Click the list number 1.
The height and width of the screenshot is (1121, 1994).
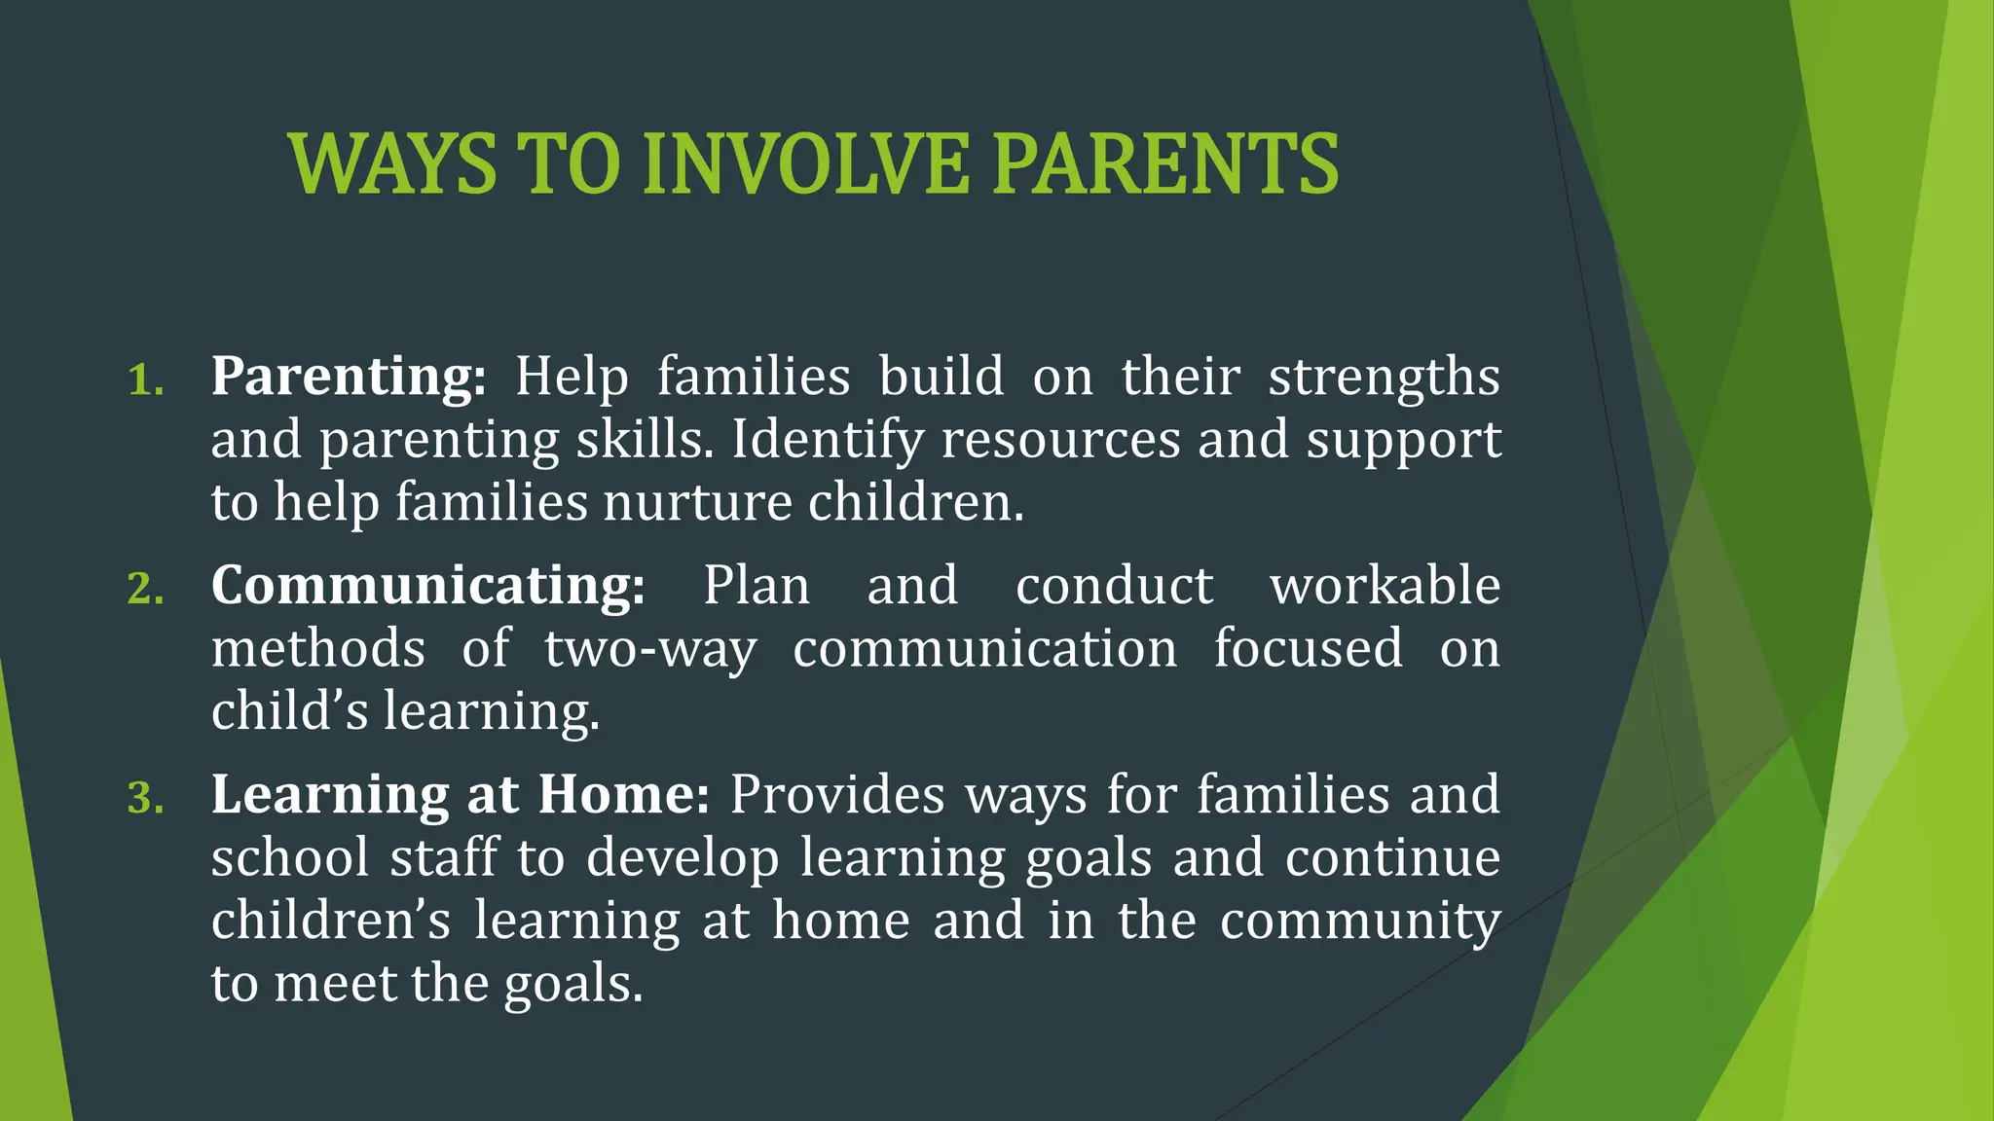tap(145, 380)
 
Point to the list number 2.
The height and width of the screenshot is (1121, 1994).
tap(145, 589)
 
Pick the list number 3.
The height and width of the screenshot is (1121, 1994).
tap(145, 798)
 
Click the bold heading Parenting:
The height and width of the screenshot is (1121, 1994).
tap(349, 378)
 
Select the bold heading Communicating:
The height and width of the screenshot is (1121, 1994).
tap(428, 587)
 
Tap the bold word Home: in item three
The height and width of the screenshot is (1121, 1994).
tap(623, 794)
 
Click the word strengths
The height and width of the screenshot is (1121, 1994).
tap(1384, 378)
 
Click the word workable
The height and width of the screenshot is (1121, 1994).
tap(1385, 586)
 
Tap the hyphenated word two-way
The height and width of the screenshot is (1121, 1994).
tap(649, 650)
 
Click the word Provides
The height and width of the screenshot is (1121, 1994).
tap(837, 796)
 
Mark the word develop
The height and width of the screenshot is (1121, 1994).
tap(683, 859)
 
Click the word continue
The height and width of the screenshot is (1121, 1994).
tap(1392, 858)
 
